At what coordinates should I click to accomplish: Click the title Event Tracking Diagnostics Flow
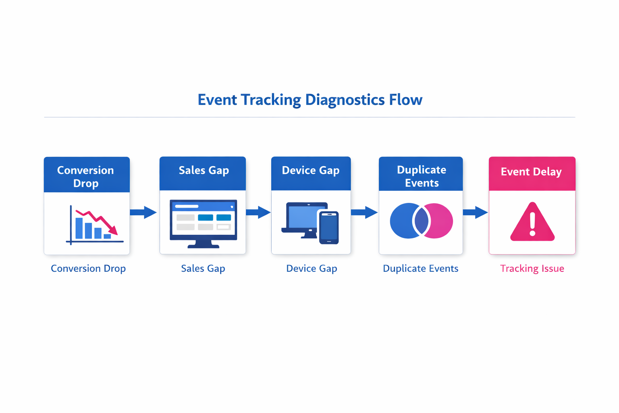click(x=309, y=100)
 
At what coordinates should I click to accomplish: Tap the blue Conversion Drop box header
click(x=87, y=176)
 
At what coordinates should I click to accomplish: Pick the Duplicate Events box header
click(x=421, y=175)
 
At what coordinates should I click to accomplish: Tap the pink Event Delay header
click(x=532, y=172)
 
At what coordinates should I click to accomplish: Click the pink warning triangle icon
click(x=532, y=223)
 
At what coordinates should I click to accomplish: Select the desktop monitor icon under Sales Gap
click(x=203, y=223)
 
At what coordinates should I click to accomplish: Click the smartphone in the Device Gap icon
click(x=329, y=227)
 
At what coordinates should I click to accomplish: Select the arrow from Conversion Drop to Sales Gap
click(x=143, y=212)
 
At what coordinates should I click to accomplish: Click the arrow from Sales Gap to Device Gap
click(x=258, y=212)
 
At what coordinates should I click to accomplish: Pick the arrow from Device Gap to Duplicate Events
click(x=364, y=212)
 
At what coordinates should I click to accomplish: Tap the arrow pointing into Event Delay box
click(x=475, y=212)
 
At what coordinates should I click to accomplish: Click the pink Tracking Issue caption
click(x=532, y=269)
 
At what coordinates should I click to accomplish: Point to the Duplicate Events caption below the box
click(x=420, y=269)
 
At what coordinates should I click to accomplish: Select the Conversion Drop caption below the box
click(x=88, y=269)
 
